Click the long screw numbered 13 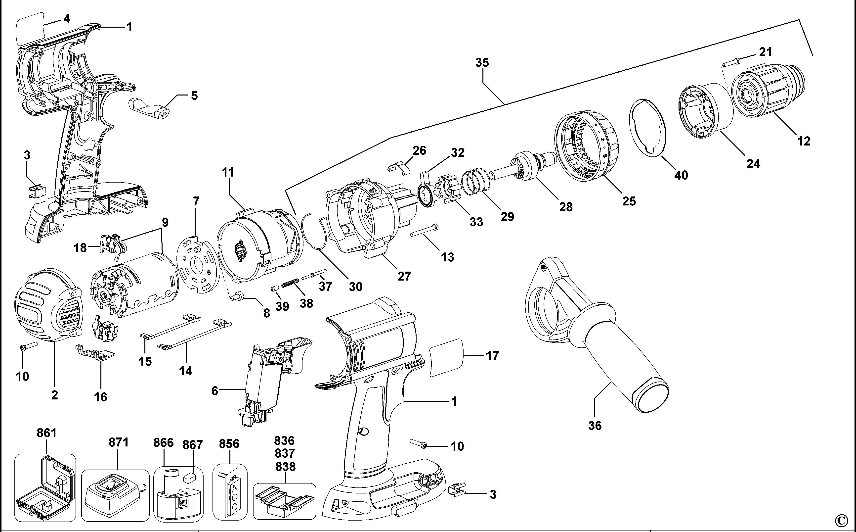(424, 231)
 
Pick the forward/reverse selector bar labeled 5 (149, 109)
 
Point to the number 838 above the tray (285, 467)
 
